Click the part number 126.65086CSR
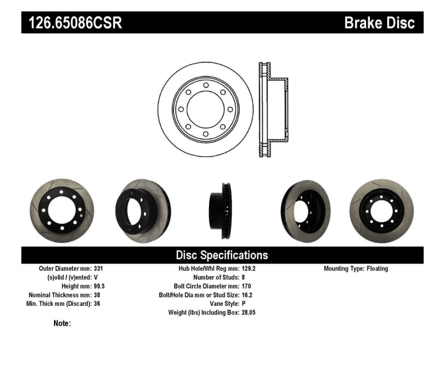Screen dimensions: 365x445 [72, 23]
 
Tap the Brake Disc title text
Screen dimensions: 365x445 [379, 23]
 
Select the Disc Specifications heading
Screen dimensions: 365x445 [222, 255]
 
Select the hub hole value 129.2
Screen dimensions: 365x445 [249, 269]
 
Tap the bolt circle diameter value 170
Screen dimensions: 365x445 [246, 286]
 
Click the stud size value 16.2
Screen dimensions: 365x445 [247, 295]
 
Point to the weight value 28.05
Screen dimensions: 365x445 [249, 313]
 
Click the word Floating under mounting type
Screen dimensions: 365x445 [378, 269]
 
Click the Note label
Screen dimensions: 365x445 [62, 323]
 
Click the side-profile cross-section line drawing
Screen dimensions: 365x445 [273, 109]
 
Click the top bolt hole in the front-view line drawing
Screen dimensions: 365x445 [205, 85]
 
